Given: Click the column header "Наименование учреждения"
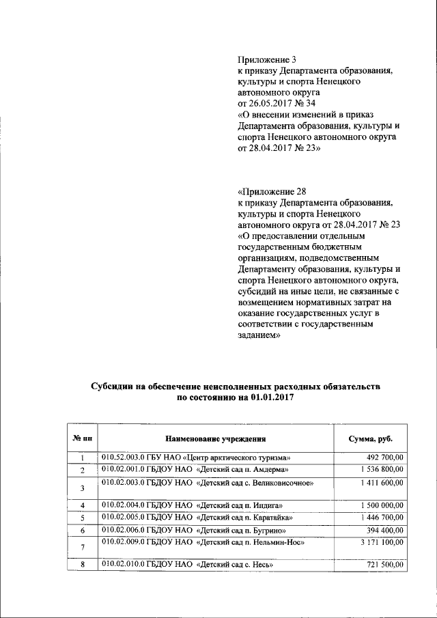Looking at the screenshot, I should (215, 438).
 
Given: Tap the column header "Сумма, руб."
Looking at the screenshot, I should (370, 438).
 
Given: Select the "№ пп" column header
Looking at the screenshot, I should (82, 438).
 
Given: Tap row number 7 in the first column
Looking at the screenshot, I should (82, 548).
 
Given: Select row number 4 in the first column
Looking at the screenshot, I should (82, 505).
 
